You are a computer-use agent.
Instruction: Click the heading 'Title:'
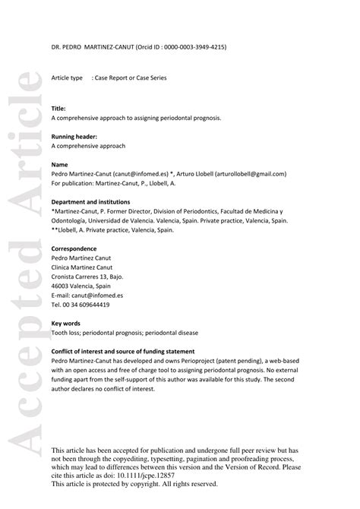[59, 109]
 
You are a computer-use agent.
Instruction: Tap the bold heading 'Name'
[60, 163]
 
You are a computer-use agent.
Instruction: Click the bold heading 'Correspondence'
[74, 248]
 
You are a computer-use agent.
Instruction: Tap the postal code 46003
[62, 285]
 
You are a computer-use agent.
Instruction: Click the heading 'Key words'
[66, 323]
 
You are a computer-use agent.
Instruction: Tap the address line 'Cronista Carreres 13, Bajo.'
[88, 276]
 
